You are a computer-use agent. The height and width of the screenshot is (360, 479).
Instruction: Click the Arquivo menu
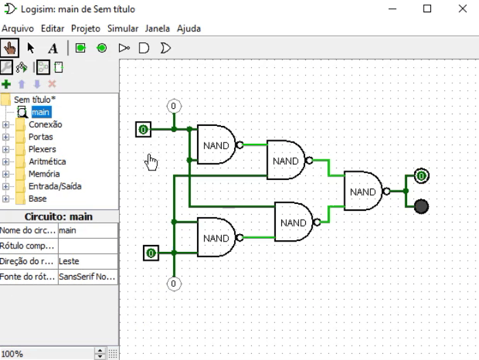pyautogui.click(x=18, y=29)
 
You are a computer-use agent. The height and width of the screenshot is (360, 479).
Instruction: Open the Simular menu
pyautogui.click(x=122, y=29)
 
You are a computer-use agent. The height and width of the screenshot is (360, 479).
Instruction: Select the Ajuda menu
pyautogui.click(x=189, y=29)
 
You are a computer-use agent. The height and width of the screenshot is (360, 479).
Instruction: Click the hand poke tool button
pyautogui.click(x=10, y=48)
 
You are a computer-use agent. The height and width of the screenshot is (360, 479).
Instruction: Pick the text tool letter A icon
pyautogui.click(x=53, y=48)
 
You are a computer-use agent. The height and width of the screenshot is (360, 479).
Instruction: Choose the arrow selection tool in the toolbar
pyautogui.click(x=31, y=48)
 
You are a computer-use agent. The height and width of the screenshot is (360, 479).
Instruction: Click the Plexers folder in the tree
pyautogui.click(x=42, y=149)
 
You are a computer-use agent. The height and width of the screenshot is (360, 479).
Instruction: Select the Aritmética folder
pyautogui.click(x=47, y=162)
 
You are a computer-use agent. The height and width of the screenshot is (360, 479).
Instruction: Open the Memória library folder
pyautogui.click(x=44, y=174)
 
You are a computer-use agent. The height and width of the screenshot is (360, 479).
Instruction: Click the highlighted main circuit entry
pyautogui.click(x=40, y=112)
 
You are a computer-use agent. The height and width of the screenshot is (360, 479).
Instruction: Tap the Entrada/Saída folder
pyautogui.click(x=53, y=186)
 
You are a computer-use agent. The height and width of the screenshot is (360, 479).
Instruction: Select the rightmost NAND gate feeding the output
pyautogui.click(x=363, y=192)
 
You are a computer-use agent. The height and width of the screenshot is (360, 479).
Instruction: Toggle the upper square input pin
pyautogui.click(x=143, y=129)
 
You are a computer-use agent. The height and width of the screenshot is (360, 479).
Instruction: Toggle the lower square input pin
pyautogui.click(x=151, y=253)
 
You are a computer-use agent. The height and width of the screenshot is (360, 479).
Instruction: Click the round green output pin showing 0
pyautogui.click(x=422, y=176)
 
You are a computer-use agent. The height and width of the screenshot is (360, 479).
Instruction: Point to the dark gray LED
pyautogui.click(x=422, y=206)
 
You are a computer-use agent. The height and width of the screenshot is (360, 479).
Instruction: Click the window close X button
pyautogui.click(x=459, y=10)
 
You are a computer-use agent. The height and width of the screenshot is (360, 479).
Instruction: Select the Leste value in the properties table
pyautogui.click(x=88, y=261)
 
